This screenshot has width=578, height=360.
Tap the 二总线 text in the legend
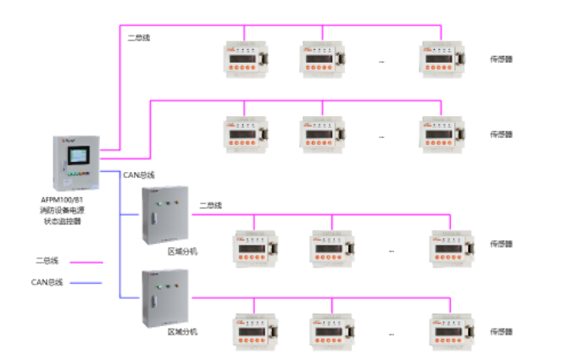point(47,263)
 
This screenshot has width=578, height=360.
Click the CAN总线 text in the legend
point(47,283)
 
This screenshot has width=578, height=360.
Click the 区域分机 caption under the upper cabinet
point(182,252)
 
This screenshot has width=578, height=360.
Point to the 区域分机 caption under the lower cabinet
point(182,332)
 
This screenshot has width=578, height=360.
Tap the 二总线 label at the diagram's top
point(138,38)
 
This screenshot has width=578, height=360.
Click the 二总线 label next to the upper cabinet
point(211,205)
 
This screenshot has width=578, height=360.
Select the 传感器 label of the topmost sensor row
point(501,59)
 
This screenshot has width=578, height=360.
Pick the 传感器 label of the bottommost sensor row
point(501,331)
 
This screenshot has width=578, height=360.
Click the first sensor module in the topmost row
point(245,58)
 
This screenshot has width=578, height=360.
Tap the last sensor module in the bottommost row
point(449,330)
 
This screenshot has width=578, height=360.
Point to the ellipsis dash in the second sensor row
point(381,136)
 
